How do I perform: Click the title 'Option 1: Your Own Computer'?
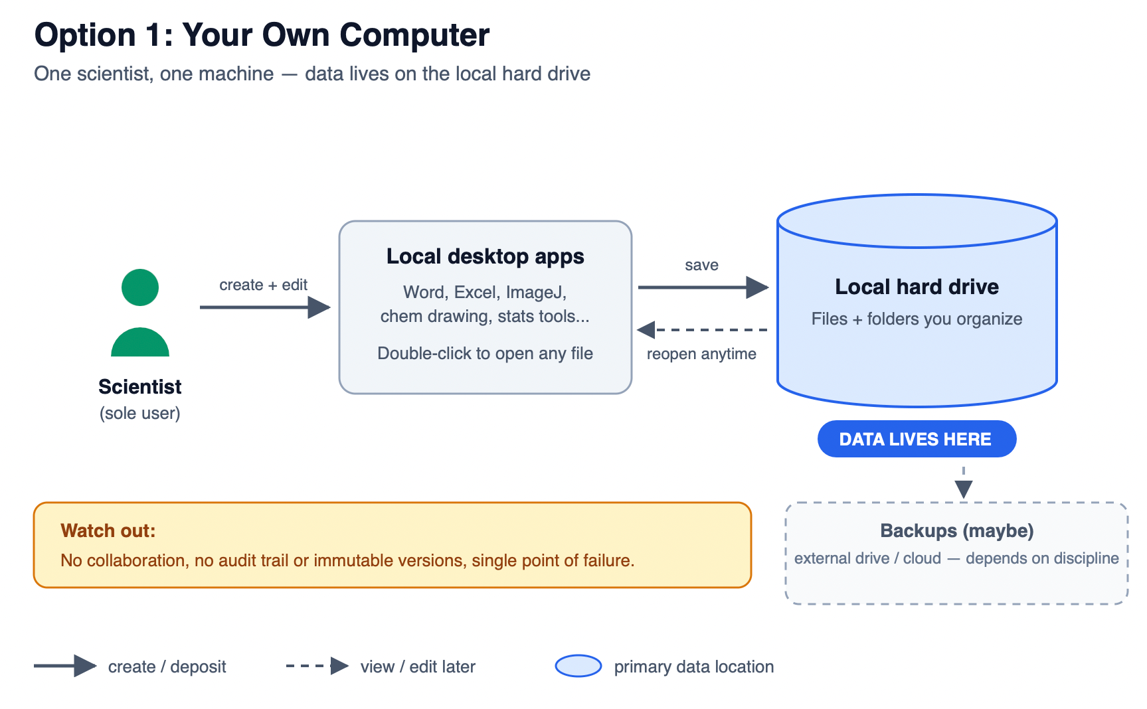[x=262, y=35]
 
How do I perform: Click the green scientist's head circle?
[x=140, y=287]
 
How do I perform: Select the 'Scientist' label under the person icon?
[x=140, y=386]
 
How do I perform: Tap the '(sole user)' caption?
[x=140, y=413]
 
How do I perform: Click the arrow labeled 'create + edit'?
[x=265, y=307]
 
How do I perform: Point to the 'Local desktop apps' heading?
[x=485, y=256]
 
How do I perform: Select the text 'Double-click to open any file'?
[x=485, y=353]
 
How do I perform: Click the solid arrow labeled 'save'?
[x=703, y=287]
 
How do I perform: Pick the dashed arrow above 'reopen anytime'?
[x=702, y=330]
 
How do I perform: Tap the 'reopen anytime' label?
[x=701, y=354]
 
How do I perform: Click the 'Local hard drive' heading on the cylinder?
[x=917, y=287]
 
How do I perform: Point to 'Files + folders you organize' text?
[x=917, y=319]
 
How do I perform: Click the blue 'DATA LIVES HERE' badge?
[x=917, y=439]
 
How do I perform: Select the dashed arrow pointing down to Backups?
[x=964, y=483]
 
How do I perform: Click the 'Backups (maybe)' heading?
[x=957, y=531]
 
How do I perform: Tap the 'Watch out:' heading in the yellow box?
[x=108, y=531]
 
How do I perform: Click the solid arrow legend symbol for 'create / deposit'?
[x=66, y=666]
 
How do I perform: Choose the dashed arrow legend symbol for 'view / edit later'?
[x=317, y=666]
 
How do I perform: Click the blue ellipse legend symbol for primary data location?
[x=578, y=666]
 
